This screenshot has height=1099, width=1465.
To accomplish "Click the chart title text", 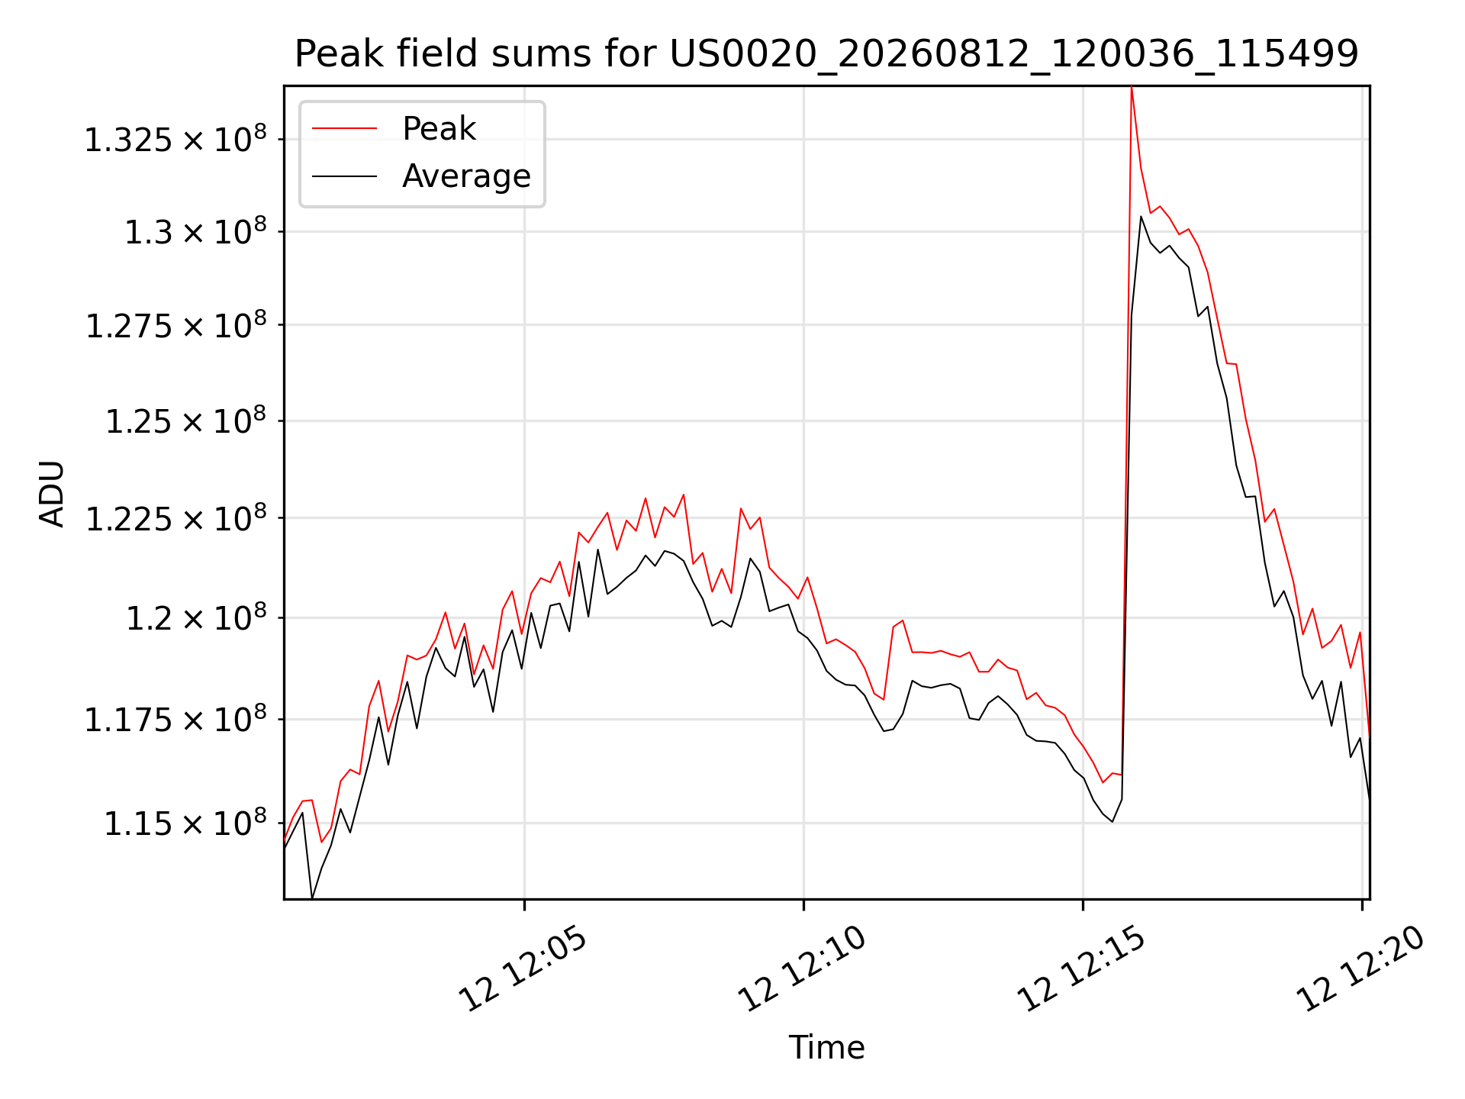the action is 826,54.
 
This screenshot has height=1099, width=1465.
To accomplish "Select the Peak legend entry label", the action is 439,129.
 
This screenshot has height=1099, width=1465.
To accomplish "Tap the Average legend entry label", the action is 466,176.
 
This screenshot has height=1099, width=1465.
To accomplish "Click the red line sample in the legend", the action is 345,128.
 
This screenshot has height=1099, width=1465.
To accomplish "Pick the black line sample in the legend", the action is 345,176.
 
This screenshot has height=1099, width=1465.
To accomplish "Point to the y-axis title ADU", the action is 52,494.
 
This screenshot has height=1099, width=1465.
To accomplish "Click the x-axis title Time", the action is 826,1048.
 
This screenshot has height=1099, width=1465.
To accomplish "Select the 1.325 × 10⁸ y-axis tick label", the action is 175,139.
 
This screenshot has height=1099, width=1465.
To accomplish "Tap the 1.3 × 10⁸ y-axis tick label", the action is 196,231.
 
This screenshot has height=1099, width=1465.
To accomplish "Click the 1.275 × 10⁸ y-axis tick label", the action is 175,325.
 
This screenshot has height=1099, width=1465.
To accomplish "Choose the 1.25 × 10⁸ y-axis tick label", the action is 186,421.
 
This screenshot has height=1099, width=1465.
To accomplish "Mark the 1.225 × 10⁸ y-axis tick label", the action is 175,518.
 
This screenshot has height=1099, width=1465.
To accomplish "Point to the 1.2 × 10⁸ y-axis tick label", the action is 196,617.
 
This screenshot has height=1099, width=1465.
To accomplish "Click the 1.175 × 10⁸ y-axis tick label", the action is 175,719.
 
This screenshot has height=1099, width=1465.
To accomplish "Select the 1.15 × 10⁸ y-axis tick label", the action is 186,823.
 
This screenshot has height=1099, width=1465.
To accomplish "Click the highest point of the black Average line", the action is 1141,217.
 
